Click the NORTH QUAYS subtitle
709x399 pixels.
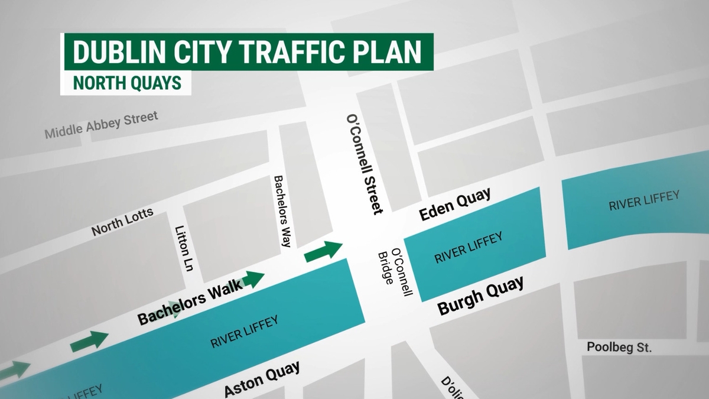point(126,83)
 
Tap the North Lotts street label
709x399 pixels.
point(122,222)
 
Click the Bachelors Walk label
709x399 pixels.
point(190,301)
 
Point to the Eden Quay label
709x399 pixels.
point(455,205)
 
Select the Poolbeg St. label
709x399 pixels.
point(619,348)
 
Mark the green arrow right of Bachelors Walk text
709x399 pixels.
point(252,279)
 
